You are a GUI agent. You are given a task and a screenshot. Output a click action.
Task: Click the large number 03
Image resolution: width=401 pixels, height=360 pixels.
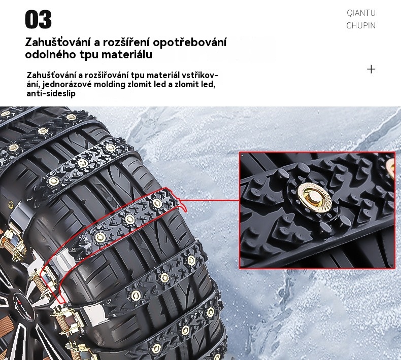pyautogui.click(x=39, y=19)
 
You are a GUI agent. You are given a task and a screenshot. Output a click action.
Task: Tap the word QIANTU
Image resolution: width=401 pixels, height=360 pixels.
pyautogui.click(x=361, y=13)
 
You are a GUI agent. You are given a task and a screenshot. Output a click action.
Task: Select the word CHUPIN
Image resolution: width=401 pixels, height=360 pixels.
pyautogui.click(x=361, y=25)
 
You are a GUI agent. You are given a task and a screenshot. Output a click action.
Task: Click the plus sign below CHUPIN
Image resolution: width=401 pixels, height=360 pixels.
pyautogui.click(x=371, y=69)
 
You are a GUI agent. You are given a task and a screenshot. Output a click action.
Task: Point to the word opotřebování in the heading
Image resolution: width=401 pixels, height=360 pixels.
pyautogui.click(x=189, y=43)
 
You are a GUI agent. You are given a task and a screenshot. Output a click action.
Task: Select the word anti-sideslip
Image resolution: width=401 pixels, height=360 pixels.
pyautogui.click(x=51, y=93)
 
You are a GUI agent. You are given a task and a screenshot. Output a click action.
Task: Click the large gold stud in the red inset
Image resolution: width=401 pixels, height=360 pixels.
pyautogui.click(x=314, y=197)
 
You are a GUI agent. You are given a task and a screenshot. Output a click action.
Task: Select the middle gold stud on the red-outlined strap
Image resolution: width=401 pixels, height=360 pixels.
pyautogui.click(x=129, y=219)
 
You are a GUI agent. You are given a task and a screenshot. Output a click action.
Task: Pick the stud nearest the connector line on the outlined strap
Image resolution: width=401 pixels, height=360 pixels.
pyautogui.click(x=157, y=203)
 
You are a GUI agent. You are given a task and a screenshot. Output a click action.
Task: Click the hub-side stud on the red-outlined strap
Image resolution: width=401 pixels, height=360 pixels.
pyautogui.click(x=100, y=237)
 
